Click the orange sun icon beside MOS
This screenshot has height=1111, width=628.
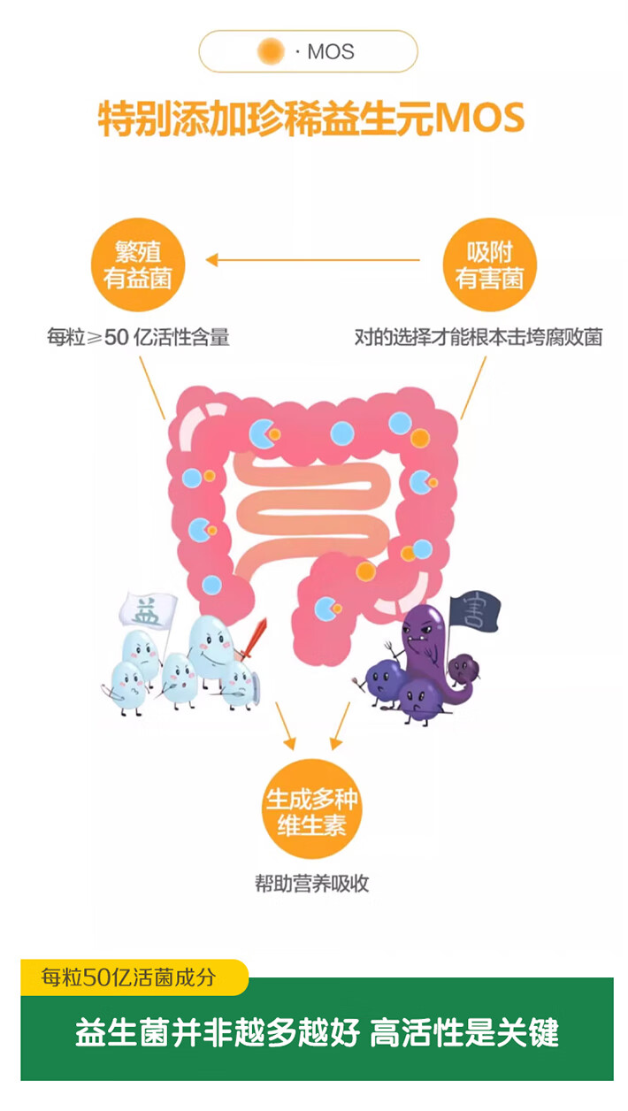pyautogui.click(x=271, y=51)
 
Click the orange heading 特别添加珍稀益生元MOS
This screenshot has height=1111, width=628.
pyautogui.click(x=311, y=119)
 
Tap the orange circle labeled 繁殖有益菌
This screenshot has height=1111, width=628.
pyautogui.click(x=137, y=264)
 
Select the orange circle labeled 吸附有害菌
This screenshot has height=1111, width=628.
pyautogui.click(x=489, y=264)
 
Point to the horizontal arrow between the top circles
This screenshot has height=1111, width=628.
pyautogui.click(x=313, y=260)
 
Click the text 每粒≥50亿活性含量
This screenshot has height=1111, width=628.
pyautogui.click(x=138, y=337)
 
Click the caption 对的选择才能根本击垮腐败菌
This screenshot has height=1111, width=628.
pyautogui.click(x=478, y=337)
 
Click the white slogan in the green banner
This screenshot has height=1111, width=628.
pyautogui.click(x=317, y=1033)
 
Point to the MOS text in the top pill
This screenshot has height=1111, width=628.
pyautogui.click(x=330, y=52)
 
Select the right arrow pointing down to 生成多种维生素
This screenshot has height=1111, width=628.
pyautogui.click(x=341, y=725)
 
